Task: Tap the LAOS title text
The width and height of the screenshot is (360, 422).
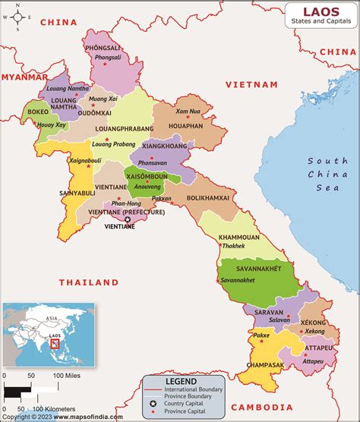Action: click(x=318, y=11)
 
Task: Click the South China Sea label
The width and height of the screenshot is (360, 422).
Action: click(x=327, y=173)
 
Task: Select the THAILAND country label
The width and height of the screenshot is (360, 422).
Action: click(x=90, y=282)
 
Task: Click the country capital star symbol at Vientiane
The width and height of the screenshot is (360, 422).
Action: click(x=127, y=220)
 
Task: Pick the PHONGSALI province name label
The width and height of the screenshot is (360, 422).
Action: click(x=103, y=48)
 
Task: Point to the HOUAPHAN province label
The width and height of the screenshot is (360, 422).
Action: click(x=185, y=124)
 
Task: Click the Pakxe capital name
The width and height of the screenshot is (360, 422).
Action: click(x=261, y=335)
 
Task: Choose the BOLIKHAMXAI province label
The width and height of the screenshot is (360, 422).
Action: click(x=208, y=197)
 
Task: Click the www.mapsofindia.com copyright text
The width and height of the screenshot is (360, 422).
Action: click(x=52, y=417)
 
